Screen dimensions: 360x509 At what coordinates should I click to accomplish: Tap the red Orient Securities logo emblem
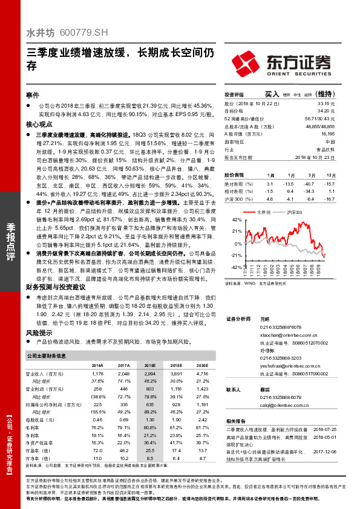248,62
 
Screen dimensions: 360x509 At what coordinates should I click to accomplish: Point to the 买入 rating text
272,94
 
